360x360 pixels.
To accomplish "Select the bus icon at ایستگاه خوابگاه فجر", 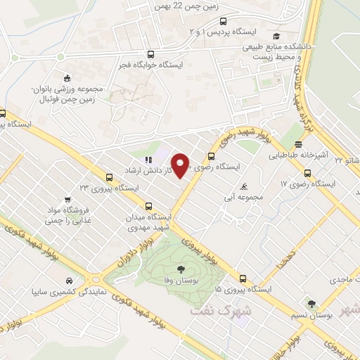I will [150, 54].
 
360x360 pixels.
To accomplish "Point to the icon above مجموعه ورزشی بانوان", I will [67, 78].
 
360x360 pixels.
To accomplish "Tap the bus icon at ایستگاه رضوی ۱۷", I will [307, 173].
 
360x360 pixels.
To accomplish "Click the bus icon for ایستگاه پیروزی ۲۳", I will [108, 178].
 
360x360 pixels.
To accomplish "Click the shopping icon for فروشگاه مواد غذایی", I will [67, 200].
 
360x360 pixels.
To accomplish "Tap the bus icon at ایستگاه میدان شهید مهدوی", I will [148, 207].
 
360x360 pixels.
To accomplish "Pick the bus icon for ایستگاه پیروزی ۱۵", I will [243, 278].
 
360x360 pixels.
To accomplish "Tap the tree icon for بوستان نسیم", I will [311, 304].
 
